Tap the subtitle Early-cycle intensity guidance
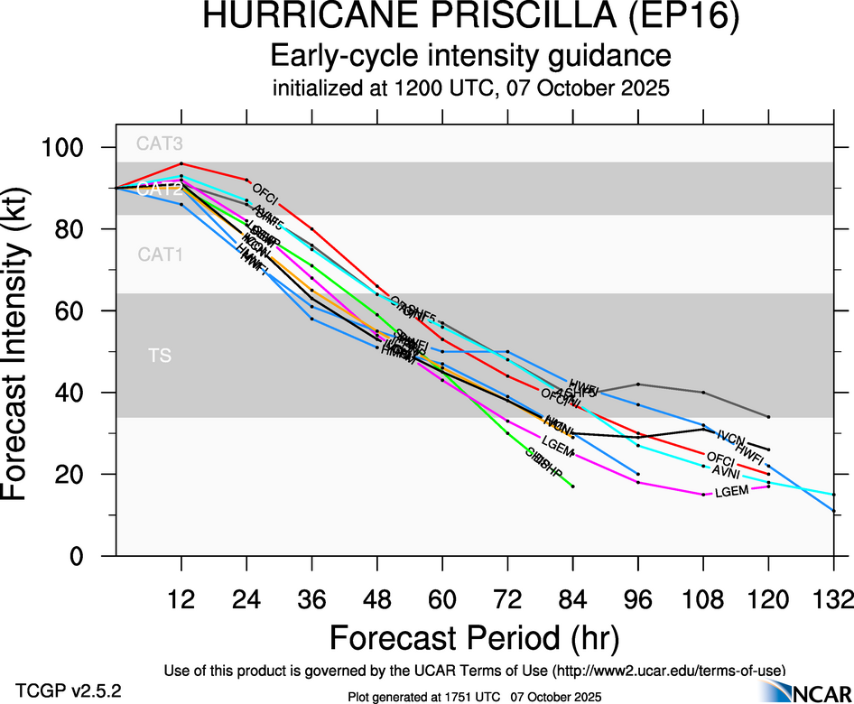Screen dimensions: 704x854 [471, 56]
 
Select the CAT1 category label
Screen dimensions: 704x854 [160, 255]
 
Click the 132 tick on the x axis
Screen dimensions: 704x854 [833, 598]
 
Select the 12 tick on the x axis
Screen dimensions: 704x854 [181, 598]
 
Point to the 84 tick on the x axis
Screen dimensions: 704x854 [572, 598]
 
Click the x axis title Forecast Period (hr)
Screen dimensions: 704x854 [474, 638]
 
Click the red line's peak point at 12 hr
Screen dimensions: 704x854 [181, 163]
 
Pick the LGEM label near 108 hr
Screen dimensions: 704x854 [731, 493]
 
